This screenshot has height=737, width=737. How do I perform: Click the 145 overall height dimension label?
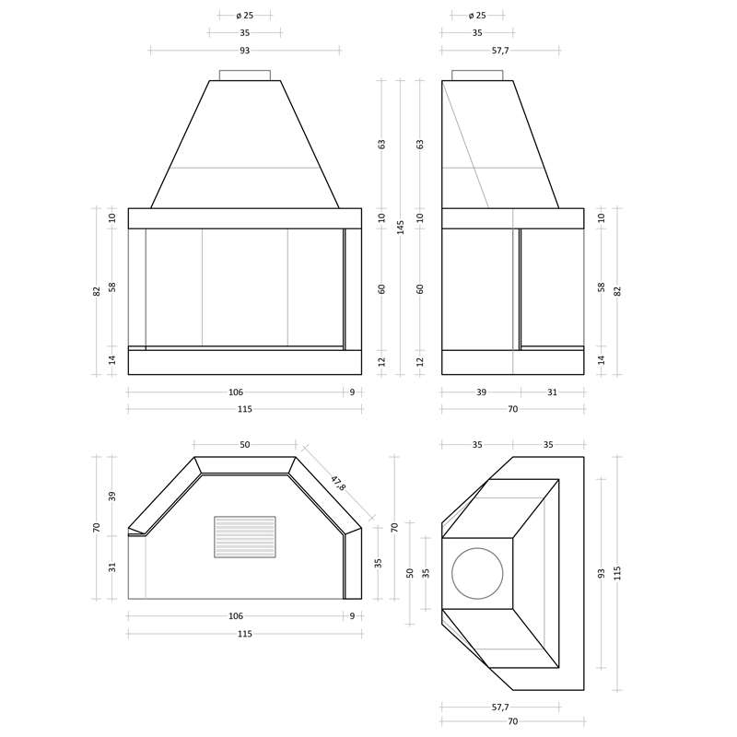pyautogui.click(x=401, y=228)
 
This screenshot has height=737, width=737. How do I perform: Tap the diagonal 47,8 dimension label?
pyautogui.click(x=338, y=483)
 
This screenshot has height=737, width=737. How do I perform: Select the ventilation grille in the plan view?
pyautogui.click(x=245, y=537)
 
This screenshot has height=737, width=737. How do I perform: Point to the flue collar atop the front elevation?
pyautogui.click(x=245, y=76)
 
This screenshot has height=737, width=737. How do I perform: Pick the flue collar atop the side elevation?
pyautogui.click(x=477, y=76)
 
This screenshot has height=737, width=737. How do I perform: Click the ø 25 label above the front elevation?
pyautogui.click(x=245, y=16)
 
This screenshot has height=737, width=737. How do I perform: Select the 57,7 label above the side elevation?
pyautogui.click(x=500, y=51)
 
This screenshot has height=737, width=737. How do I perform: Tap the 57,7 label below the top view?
pyautogui.click(x=500, y=707)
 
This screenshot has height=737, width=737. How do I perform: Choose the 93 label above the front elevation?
pyautogui.click(x=245, y=51)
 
